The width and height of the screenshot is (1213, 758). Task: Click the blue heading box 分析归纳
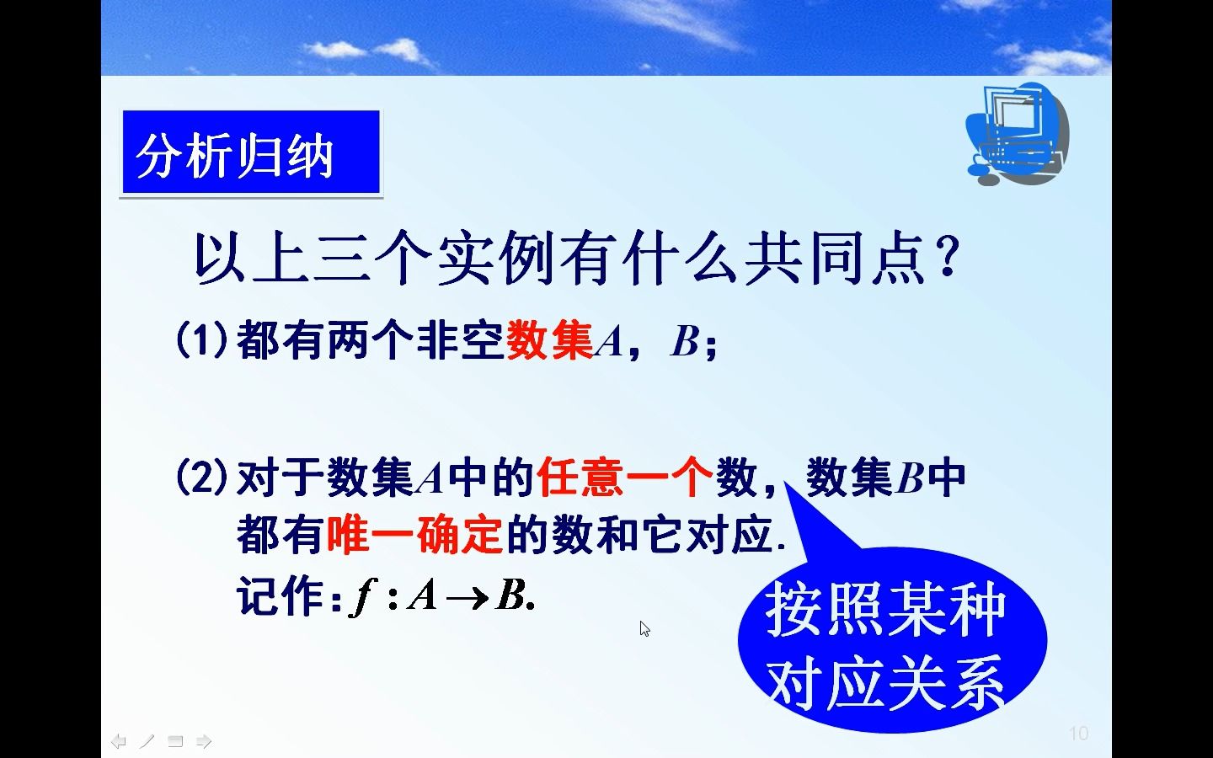pos(250,154)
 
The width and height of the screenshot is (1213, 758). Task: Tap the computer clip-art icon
pos(1016,133)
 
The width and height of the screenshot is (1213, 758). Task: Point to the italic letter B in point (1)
pos(684,342)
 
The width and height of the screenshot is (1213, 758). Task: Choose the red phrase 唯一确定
pos(414,534)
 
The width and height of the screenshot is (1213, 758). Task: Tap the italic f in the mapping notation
pos(363,597)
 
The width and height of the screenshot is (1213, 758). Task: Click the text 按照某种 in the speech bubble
pos(885,610)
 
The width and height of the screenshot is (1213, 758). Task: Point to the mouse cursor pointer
pos(644,628)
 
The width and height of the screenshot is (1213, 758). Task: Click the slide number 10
pos(1078,734)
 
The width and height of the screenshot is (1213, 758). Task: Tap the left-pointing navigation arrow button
pos(119,742)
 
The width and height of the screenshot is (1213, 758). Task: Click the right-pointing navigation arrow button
pos(204,742)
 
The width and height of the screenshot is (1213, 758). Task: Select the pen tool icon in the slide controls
pos(147,742)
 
